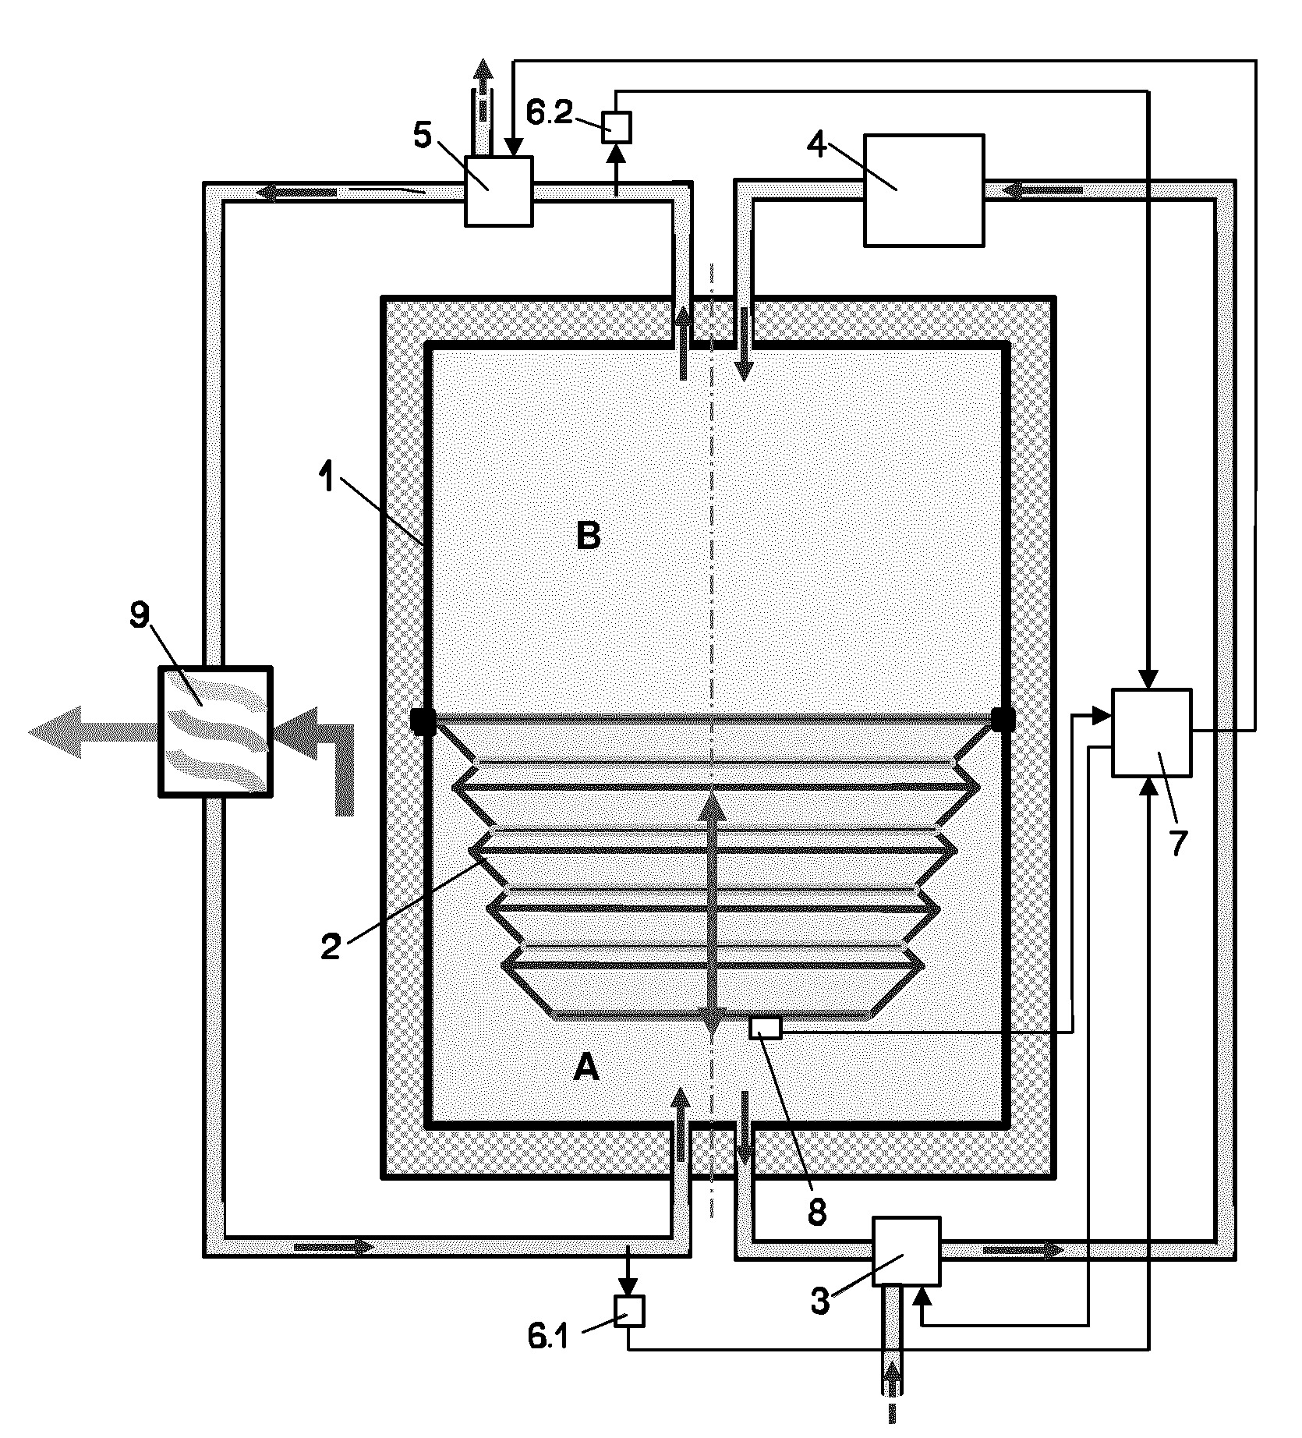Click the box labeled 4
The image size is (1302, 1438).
point(924,190)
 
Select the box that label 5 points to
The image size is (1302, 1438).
point(499,191)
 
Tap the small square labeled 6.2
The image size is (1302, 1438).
point(617,126)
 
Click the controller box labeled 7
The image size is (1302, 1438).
point(1152,732)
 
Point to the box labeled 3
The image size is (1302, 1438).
point(905,1252)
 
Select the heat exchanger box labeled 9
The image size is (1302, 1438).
point(215,731)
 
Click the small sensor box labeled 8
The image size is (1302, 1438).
point(765,1028)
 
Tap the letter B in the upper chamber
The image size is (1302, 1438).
point(589,537)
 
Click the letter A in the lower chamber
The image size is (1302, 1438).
point(586,1067)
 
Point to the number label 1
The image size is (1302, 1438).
point(327,477)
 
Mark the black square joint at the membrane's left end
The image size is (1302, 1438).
point(423,720)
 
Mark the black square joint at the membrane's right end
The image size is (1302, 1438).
point(1003,720)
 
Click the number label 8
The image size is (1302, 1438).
point(816,1213)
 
